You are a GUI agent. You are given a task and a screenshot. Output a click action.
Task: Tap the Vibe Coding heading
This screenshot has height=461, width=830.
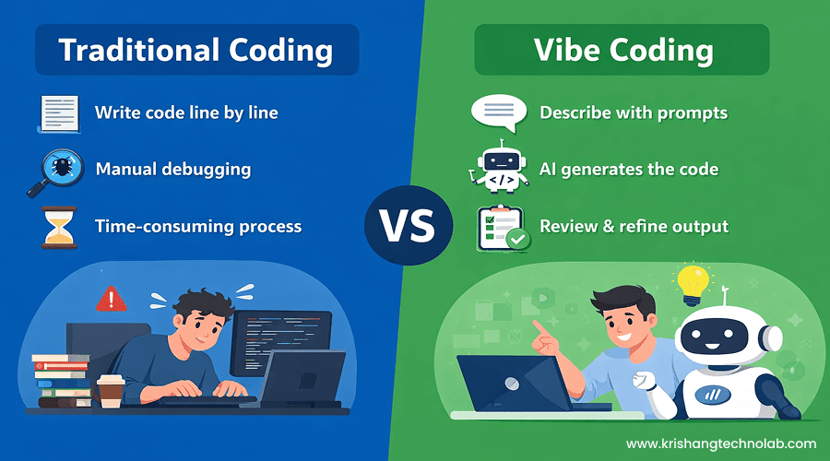pyautogui.click(x=623, y=50)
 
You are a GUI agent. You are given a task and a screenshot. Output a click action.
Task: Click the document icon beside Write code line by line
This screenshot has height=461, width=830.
pyautogui.click(x=59, y=113)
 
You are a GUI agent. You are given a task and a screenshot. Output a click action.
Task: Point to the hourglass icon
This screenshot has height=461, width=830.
pyautogui.click(x=58, y=227)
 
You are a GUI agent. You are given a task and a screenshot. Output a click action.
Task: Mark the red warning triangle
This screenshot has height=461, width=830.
pyautogui.click(x=111, y=298)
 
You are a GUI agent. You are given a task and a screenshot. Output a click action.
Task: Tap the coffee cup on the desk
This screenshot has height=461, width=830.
pyautogui.click(x=111, y=389)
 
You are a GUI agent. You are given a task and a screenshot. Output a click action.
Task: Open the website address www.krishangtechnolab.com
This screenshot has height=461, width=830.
pyautogui.click(x=721, y=443)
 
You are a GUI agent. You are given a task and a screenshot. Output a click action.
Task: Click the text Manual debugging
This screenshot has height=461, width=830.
pyautogui.click(x=172, y=170)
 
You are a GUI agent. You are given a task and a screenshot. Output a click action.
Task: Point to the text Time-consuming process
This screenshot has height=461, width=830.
pyautogui.click(x=197, y=226)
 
